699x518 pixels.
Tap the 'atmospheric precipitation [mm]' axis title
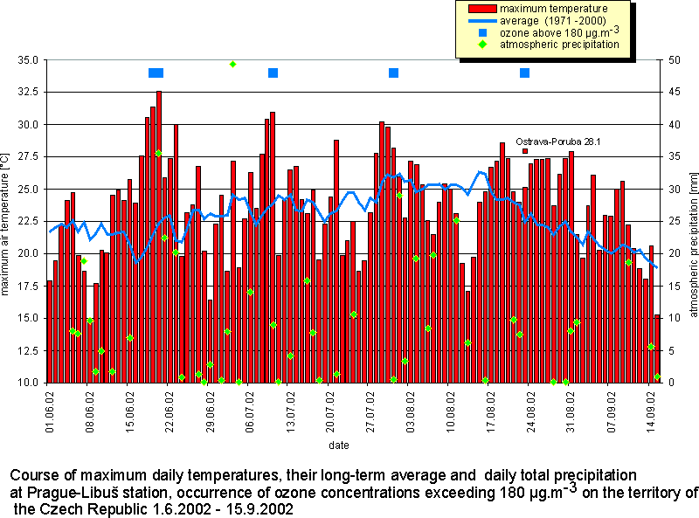tap(690, 221)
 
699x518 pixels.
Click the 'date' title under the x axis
tap(340, 445)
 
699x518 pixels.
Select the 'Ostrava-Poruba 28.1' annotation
tap(557, 141)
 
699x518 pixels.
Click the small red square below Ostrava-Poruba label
tap(525, 151)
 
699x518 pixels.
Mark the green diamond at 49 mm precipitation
tap(232, 64)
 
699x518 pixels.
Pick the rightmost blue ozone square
tap(525, 73)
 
